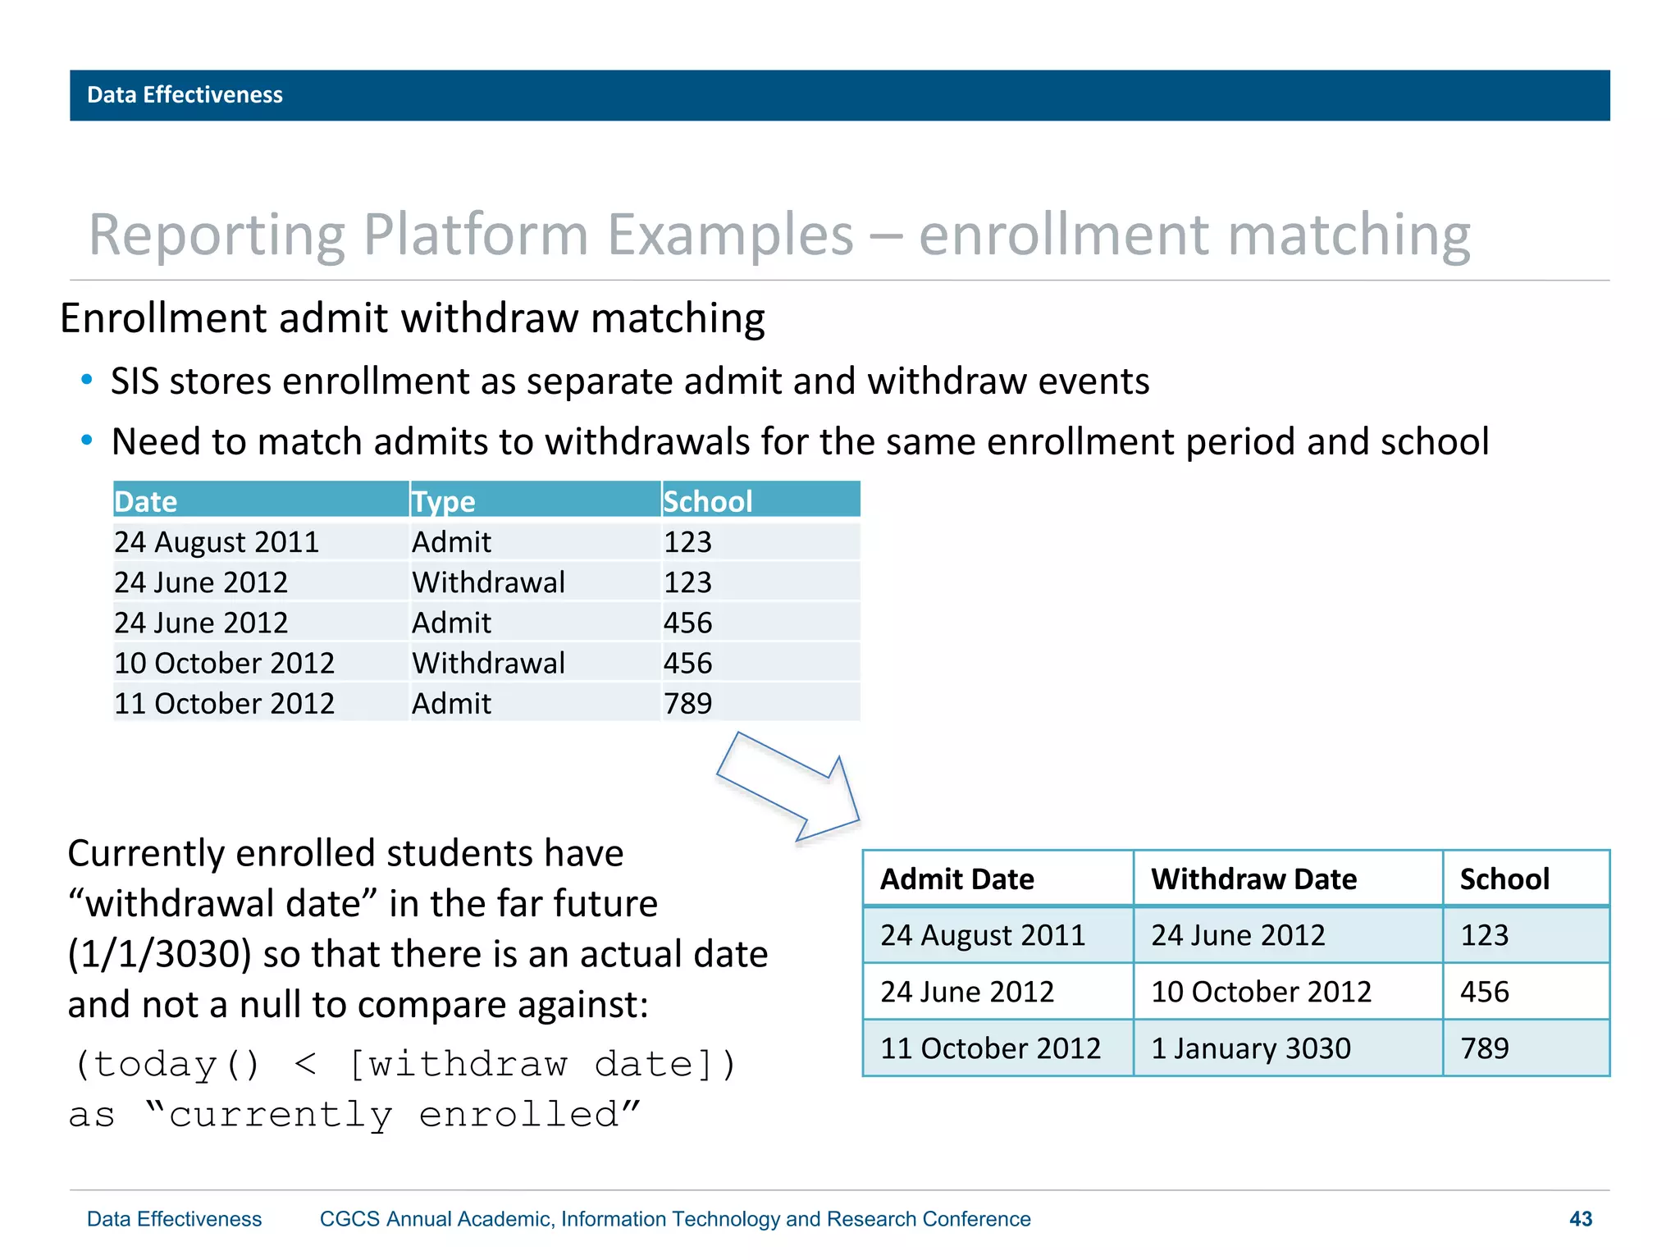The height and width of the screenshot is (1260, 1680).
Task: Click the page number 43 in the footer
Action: pyautogui.click(x=1580, y=1219)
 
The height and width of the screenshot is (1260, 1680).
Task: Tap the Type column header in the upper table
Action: pyautogui.click(x=444, y=501)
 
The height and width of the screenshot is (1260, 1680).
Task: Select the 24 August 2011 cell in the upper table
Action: pyautogui.click(x=217, y=542)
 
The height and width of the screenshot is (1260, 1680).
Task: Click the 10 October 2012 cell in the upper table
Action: pyautogui.click(x=224, y=663)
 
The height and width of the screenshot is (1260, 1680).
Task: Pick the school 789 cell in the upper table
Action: pyautogui.click(x=687, y=703)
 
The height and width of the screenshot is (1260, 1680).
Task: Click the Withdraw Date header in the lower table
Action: pyautogui.click(x=1253, y=879)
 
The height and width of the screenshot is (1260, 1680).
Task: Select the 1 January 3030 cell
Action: pyautogui.click(x=1250, y=1048)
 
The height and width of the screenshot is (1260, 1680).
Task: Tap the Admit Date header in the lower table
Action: pyautogui.click(x=956, y=879)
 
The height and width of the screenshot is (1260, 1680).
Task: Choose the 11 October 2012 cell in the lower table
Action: pyautogui.click(x=990, y=1048)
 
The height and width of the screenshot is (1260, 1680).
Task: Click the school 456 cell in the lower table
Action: pyautogui.click(x=1484, y=992)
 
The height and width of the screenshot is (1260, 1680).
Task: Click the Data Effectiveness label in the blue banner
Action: pyautogui.click(x=185, y=95)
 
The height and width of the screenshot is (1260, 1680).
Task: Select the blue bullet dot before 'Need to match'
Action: pyautogui.click(x=87, y=441)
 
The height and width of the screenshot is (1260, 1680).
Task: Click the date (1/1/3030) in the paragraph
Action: pyautogui.click(x=159, y=954)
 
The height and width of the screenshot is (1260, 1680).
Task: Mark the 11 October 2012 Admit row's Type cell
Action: pyautogui.click(x=451, y=703)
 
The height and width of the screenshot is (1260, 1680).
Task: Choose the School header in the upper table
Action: pyautogui.click(x=707, y=501)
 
